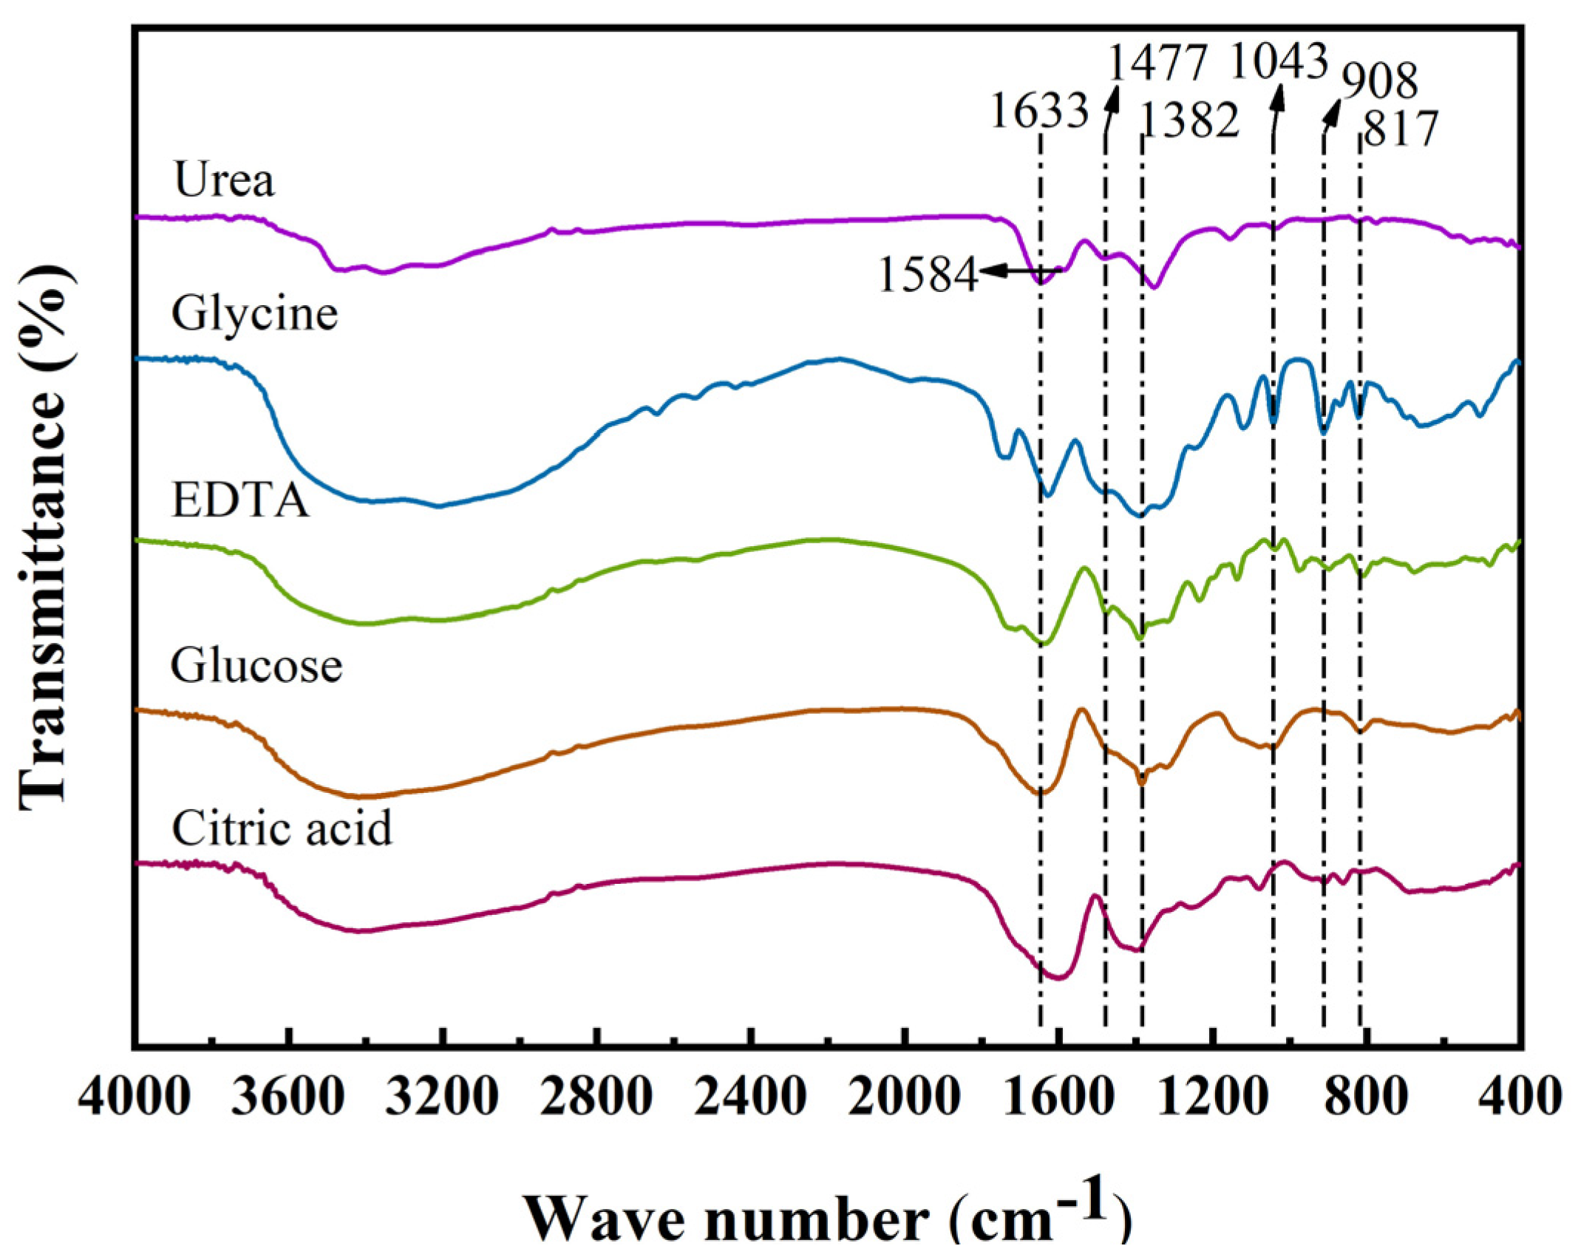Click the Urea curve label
click(224, 180)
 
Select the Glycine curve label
click(254, 314)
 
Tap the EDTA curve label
click(239, 500)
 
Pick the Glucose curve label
click(256, 666)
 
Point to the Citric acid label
click(282, 828)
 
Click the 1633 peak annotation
click(1039, 112)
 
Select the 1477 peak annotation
click(1158, 63)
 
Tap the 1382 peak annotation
click(1189, 121)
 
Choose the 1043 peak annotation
click(1279, 61)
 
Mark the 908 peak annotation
click(1380, 81)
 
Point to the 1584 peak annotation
click(928, 276)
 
